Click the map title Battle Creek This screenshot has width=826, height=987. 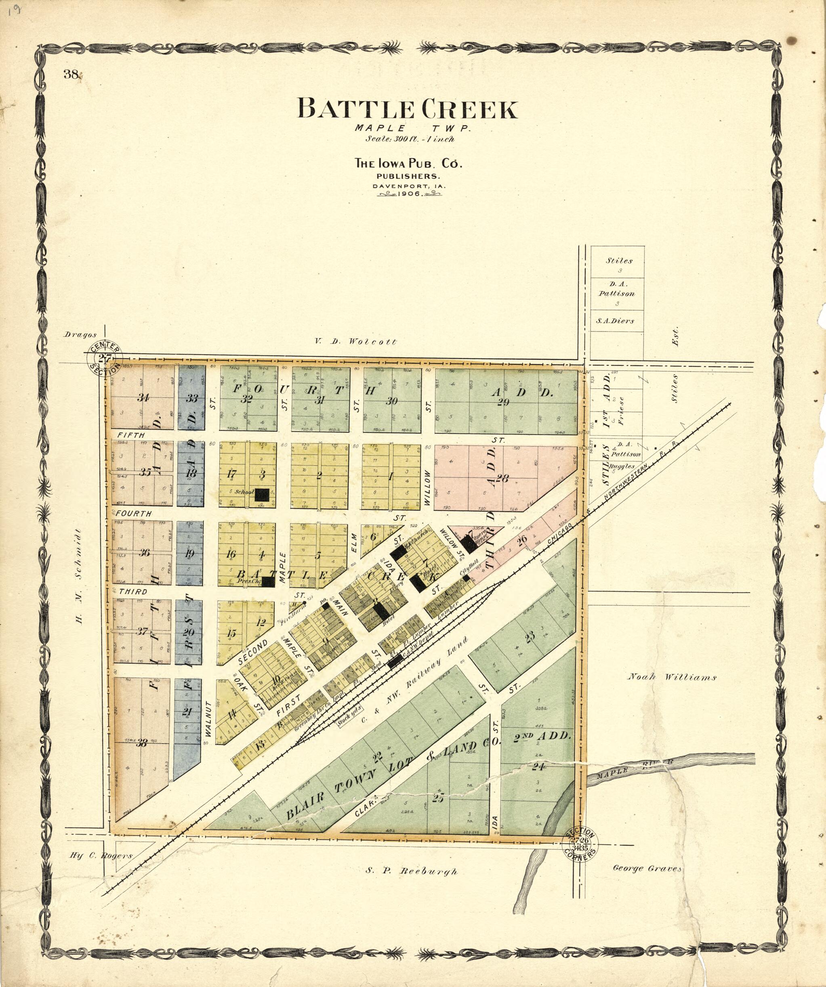tap(407, 109)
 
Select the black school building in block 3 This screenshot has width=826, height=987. tap(261, 494)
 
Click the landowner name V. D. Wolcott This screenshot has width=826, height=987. tap(355, 342)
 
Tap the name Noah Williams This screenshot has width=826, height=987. tap(672, 677)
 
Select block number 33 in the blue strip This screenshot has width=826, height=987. tap(191, 398)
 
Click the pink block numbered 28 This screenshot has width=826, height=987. tap(502, 479)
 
